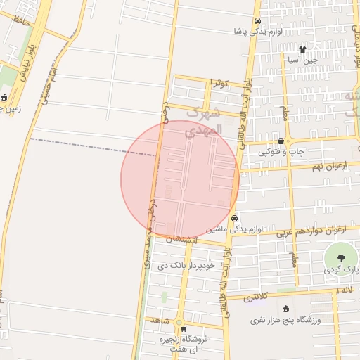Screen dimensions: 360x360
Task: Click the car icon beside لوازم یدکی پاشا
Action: click(258, 21)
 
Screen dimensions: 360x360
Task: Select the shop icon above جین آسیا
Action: click(302, 49)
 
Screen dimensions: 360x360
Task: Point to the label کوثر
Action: click(221, 84)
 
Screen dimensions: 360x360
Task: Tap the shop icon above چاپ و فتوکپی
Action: click(281, 141)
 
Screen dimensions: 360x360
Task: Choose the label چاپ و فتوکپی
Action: click(281, 151)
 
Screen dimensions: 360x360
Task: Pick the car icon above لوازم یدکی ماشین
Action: click(234, 218)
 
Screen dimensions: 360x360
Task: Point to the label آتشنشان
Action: click(184, 239)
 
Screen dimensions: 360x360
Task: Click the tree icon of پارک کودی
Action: click(340, 255)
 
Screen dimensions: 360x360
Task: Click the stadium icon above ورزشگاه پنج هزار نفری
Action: click(285, 309)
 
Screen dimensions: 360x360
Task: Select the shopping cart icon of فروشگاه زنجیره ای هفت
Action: click(181, 327)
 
